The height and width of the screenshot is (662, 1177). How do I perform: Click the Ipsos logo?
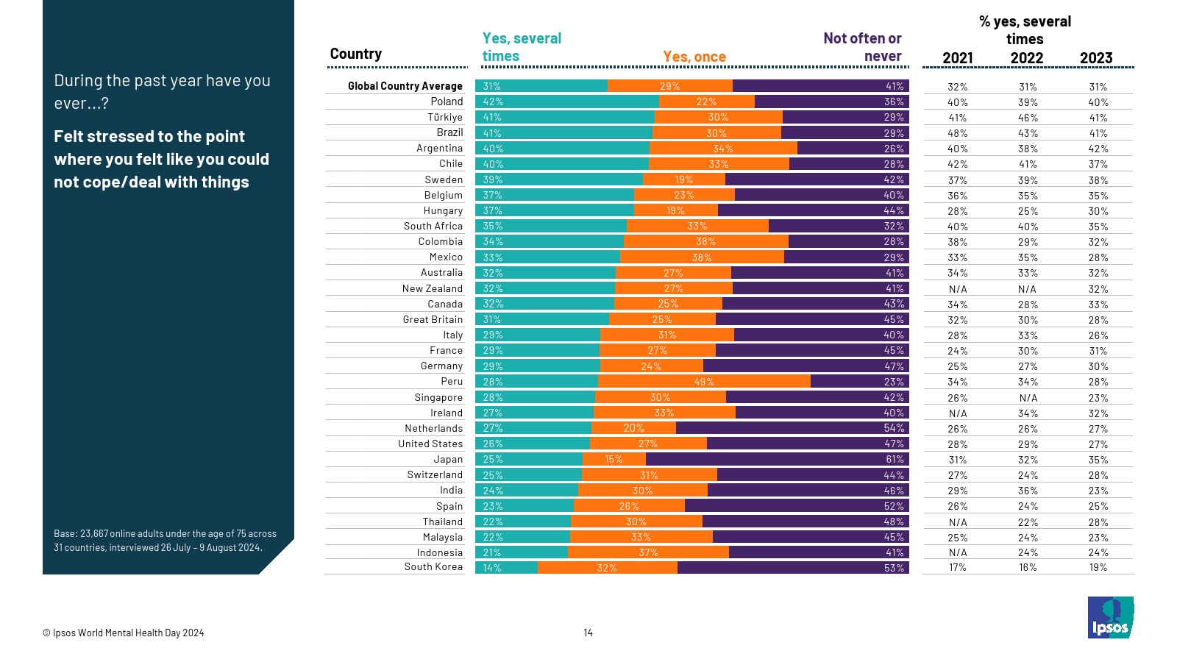tap(1110, 617)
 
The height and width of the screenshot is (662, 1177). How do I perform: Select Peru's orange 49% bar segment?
tap(704, 382)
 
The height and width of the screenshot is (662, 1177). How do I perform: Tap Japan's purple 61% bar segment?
tap(777, 459)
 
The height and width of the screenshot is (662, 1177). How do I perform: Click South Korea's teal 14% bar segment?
tap(506, 568)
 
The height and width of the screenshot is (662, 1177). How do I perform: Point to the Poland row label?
tap(447, 102)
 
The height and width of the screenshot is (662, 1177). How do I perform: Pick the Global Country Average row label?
tap(405, 86)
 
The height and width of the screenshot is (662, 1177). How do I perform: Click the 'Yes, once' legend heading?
tap(694, 57)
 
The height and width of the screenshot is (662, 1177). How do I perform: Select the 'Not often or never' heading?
tap(862, 47)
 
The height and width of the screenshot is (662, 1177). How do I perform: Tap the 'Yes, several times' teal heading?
tap(522, 47)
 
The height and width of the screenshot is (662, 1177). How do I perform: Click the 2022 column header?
tap(1027, 58)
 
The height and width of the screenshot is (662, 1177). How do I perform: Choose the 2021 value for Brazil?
tap(958, 133)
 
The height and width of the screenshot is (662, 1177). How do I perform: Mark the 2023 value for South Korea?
tap(1098, 568)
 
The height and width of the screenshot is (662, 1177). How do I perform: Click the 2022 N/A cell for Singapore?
tap(1028, 398)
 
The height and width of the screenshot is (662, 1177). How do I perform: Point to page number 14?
tap(588, 633)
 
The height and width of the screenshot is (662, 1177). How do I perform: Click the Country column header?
tap(355, 54)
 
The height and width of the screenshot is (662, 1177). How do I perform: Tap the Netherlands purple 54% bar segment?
tap(792, 428)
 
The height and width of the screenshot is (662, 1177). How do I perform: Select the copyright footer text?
tap(124, 633)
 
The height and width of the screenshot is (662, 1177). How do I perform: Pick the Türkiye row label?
tap(445, 117)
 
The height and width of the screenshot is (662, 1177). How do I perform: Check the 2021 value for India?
tap(958, 491)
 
